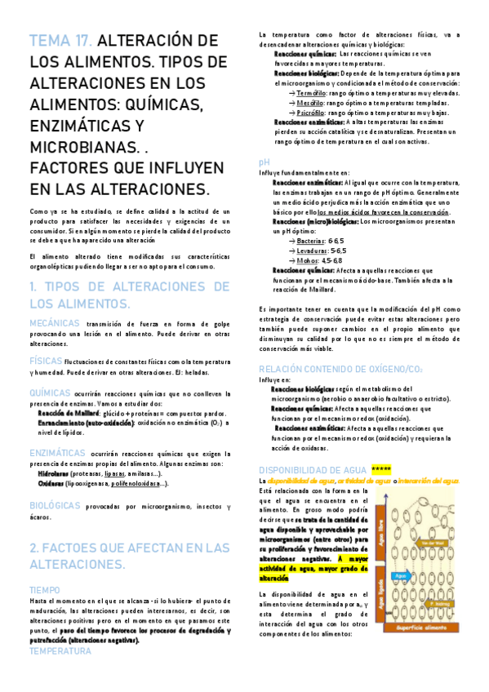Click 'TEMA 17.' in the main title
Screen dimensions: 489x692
tap(63, 42)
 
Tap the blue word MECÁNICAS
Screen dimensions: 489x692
tap(56, 324)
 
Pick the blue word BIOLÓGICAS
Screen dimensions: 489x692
tap(55, 505)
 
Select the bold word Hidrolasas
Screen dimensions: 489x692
tap(53, 472)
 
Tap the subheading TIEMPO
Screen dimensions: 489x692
tap(44, 589)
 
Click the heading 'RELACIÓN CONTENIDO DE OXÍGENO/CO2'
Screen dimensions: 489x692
tap(339, 369)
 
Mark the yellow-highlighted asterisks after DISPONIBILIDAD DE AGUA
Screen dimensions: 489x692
tap(381, 470)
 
